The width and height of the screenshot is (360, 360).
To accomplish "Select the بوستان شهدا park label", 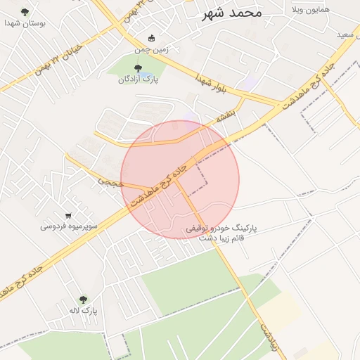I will tap(25, 22).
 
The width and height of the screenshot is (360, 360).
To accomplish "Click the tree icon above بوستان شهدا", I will tap(25, 12).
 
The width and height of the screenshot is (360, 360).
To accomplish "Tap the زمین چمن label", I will tap(152, 50).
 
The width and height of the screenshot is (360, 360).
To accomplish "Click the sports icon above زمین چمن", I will tap(152, 39).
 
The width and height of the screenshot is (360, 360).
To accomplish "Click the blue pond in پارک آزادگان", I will tap(144, 74).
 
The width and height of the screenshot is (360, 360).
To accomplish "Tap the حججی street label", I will tap(110, 182).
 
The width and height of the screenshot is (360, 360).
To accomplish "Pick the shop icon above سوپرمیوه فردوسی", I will tap(68, 216).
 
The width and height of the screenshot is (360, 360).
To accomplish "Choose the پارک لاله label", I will tap(84, 309).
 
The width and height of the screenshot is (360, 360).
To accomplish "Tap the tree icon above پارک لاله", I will tap(84, 299).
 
